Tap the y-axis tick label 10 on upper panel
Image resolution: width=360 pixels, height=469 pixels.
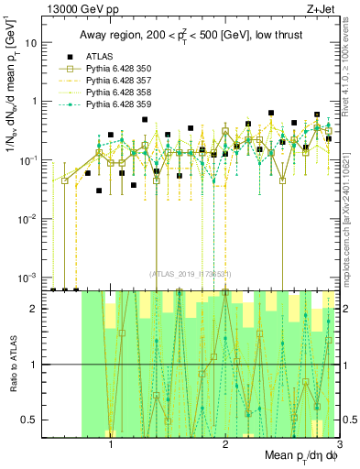pyautogui.click(x=31, y=43)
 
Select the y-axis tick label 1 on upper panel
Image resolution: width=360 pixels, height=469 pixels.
pyautogui.click(x=34, y=102)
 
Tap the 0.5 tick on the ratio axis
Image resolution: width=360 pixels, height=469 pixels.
pyautogui.click(x=29, y=420)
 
